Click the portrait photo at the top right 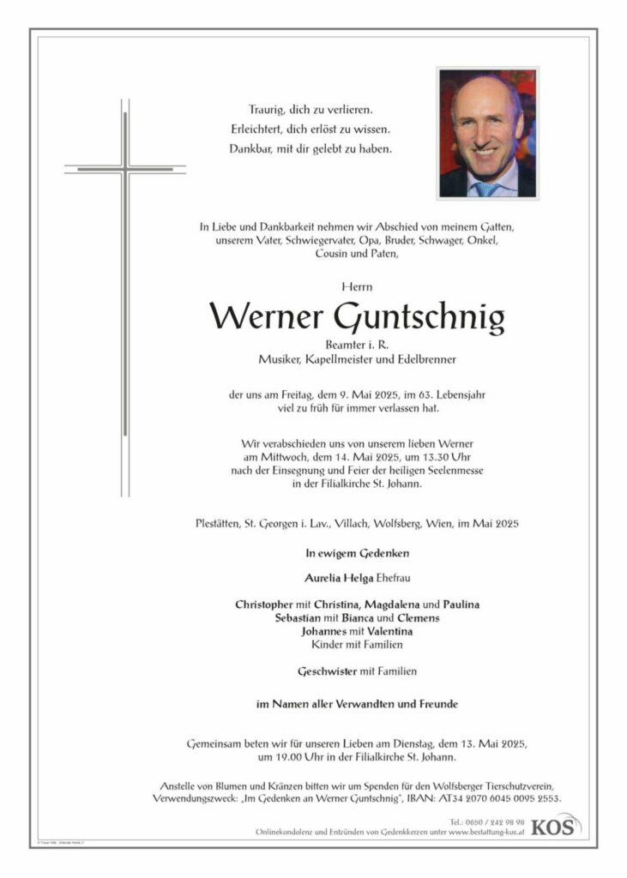[x=488, y=133]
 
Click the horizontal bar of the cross [x=125, y=169]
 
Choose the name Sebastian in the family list [x=297, y=618]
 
